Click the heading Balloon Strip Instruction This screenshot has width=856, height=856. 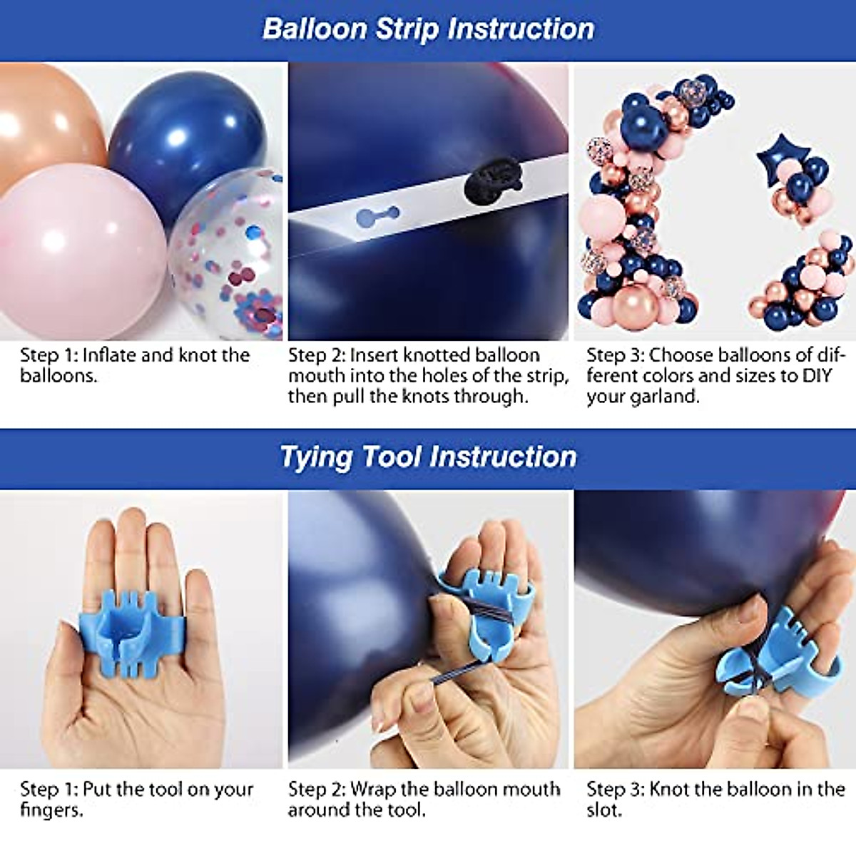[428, 29]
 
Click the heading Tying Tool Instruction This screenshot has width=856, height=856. [428, 457]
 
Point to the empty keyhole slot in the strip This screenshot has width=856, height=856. [377, 214]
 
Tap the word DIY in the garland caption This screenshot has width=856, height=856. [817, 376]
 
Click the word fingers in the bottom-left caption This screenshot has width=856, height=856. [50, 810]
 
